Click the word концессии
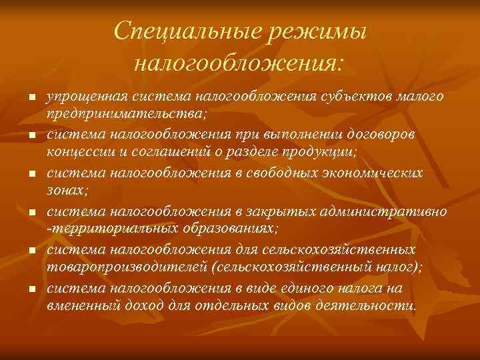coord(75,151)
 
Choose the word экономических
coord(370,173)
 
